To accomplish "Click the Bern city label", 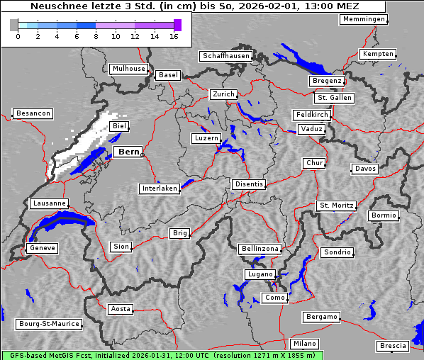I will (x=128, y=152).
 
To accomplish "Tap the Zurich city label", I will (x=223, y=94).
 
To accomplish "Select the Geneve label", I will (x=42, y=248).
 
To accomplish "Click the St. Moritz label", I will (x=336, y=206).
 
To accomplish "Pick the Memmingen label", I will (x=363, y=19).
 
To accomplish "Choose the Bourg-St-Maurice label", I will (x=48, y=324).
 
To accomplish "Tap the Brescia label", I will (x=393, y=346).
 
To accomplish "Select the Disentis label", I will (x=248, y=184).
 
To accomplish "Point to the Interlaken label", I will (x=159, y=189).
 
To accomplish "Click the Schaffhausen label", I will (x=225, y=56).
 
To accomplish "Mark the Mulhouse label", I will (x=128, y=69).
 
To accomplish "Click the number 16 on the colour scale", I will (x=173, y=36).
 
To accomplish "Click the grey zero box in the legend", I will (x=14, y=25).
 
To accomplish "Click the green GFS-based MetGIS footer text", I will (x=162, y=355).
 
